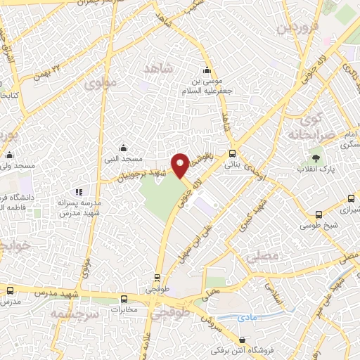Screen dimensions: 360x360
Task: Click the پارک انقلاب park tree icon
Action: tap(315, 158)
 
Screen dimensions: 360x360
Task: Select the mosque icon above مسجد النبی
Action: tap(123, 148)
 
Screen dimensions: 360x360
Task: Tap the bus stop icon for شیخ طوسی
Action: tap(320, 214)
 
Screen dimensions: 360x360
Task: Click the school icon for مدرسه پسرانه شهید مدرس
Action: tap(79, 191)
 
